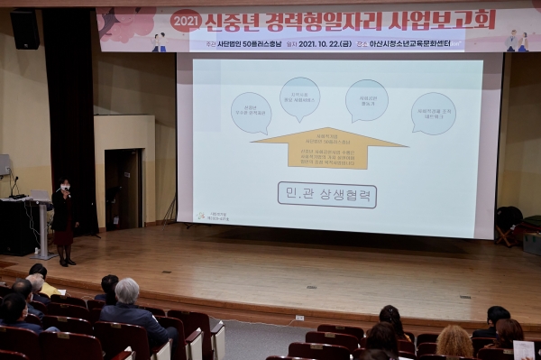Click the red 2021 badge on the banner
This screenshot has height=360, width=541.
(186, 20)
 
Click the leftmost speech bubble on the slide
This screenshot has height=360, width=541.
(251, 112)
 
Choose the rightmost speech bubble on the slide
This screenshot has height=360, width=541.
(434, 113)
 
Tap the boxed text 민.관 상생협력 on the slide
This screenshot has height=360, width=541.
(326, 195)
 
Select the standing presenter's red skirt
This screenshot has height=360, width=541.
(64, 236)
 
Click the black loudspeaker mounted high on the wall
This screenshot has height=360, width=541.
(25, 29)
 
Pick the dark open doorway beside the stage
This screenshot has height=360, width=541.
(123, 189)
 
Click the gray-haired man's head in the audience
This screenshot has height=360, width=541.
(127, 291)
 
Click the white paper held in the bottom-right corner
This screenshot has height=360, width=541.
(524, 349)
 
